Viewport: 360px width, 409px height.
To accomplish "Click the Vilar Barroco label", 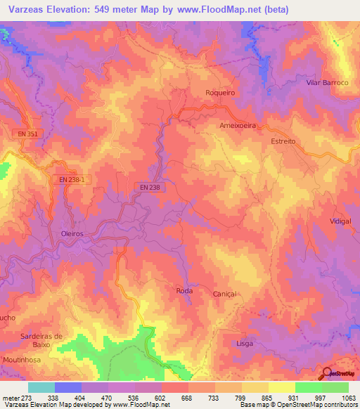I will coord(327,82).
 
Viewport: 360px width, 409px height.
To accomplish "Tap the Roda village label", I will coord(184,290).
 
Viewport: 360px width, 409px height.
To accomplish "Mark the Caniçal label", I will coord(224,294).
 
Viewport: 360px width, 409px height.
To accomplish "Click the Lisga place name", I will coord(245,343).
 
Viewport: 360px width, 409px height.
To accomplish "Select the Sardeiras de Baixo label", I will coord(41,340).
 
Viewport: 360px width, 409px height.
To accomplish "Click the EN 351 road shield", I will coord(25,133).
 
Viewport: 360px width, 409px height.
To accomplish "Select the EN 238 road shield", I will coord(149,187).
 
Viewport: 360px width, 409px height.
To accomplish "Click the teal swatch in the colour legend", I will coord(41,387).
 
